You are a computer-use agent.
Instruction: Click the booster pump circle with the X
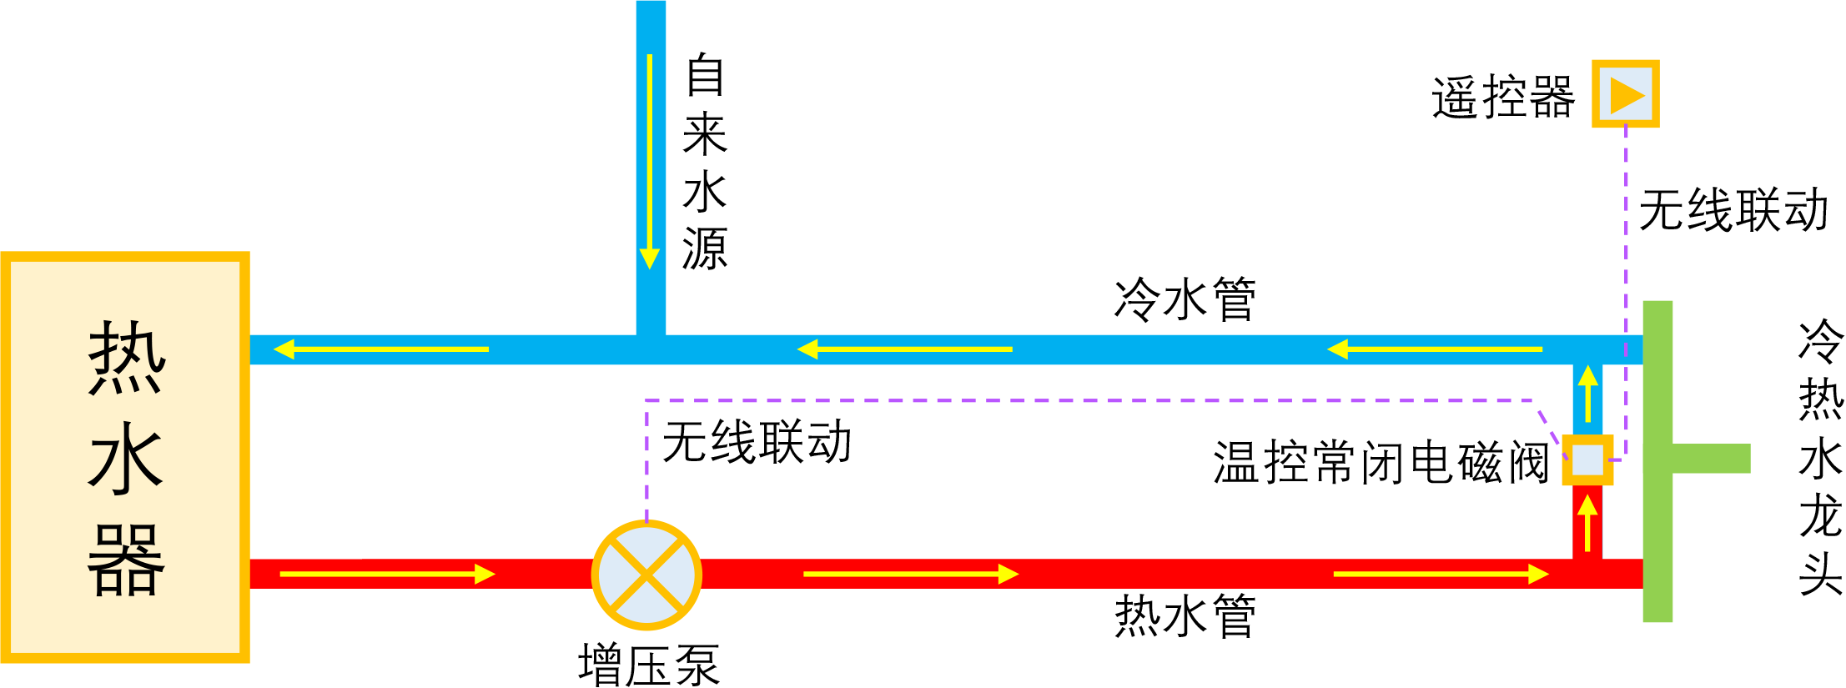pyautogui.click(x=646, y=575)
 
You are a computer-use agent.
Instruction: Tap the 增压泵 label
pyautogui.click(x=648, y=665)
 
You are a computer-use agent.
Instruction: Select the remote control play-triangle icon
pyautogui.click(x=1625, y=93)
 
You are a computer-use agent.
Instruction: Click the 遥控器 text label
pyautogui.click(x=1503, y=98)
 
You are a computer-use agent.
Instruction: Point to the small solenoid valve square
pyautogui.click(x=1587, y=460)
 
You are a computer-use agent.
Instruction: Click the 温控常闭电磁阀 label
pyautogui.click(x=1381, y=462)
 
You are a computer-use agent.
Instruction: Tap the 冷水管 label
pyautogui.click(x=1185, y=299)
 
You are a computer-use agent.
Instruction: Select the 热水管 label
pyautogui.click(x=1185, y=616)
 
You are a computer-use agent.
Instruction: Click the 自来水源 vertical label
pyautogui.click(x=705, y=162)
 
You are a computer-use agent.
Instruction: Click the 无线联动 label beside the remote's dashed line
pyautogui.click(x=1733, y=209)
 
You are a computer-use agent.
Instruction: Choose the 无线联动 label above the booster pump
pyautogui.click(x=757, y=441)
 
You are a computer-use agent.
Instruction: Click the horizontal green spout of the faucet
pyautogui.click(x=1710, y=459)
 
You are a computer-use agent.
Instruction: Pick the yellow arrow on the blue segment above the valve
pyautogui.click(x=1587, y=394)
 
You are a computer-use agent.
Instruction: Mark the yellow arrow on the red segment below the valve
pyautogui.click(x=1587, y=522)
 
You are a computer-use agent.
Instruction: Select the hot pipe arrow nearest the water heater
pyautogui.click(x=387, y=574)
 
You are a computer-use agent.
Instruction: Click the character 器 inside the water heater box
pyautogui.click(x=126, y=560)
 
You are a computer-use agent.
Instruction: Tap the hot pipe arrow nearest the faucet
pyautogui.click(x=1441, y=574)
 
